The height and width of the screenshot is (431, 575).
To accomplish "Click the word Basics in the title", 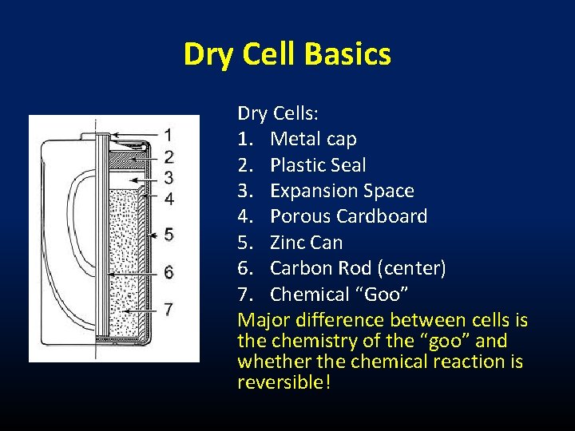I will point(347,54).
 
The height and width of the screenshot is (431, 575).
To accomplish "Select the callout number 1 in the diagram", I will point(169,134).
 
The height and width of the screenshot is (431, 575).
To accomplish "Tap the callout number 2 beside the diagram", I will point(169,156).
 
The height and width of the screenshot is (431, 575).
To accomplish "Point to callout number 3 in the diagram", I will point(169,176).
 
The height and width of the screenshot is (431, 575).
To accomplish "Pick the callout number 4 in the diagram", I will point(169,198).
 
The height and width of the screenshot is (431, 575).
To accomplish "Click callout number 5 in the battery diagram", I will point(169,235).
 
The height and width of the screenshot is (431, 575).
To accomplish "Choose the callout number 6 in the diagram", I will point(169,272).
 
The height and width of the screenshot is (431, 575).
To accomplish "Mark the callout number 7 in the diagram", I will point(169,308).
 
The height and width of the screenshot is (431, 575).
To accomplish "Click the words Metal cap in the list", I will point(313,140).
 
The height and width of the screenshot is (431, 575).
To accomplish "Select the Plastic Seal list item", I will point(318,165).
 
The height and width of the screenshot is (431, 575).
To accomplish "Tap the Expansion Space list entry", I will point(342,191).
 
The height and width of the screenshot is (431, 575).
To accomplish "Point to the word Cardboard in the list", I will point(382,216).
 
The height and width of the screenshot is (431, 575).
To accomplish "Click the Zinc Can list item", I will point(306,243).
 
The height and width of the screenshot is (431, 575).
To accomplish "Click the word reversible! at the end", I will point(284,383).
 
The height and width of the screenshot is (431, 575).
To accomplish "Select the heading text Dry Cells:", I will point(269,114).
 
